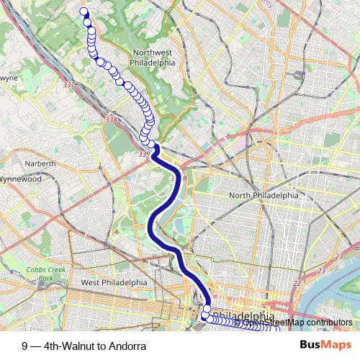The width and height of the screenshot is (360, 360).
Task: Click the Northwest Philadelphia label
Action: click(x=152, y=57)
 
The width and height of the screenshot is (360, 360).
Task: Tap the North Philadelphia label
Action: click(x=263, y=195)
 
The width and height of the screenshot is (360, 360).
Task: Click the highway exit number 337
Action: click(x=69, y=86)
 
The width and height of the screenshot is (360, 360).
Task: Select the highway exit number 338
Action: click(x=110, y=120)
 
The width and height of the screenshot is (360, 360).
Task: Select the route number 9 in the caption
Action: click(x=25, y=346)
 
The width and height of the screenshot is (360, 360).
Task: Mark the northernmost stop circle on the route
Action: click(x=84, y=12)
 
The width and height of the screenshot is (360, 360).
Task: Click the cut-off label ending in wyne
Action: click(x=9, y=76)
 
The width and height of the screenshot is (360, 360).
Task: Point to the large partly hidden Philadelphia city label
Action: click(x=245, y=316)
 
